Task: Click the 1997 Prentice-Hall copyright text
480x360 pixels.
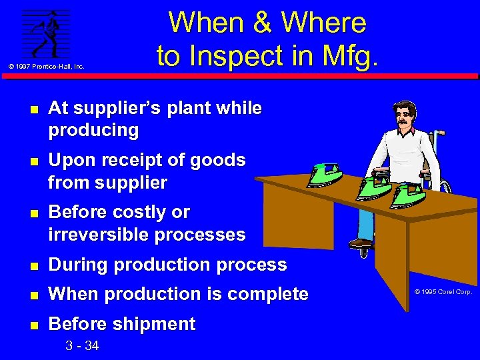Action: point(46,66)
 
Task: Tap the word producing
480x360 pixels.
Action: point(93,130)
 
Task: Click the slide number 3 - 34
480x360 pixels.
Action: point(82,345)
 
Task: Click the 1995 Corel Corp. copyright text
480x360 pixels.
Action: point(443,292)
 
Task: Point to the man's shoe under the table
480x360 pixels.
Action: point(361,241)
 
